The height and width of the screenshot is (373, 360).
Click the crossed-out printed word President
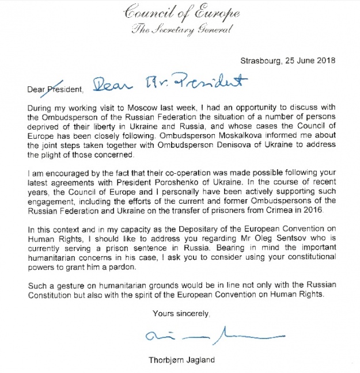click(x=65, y=89)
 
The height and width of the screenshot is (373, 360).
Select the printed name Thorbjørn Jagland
click(x=179, y=360)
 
